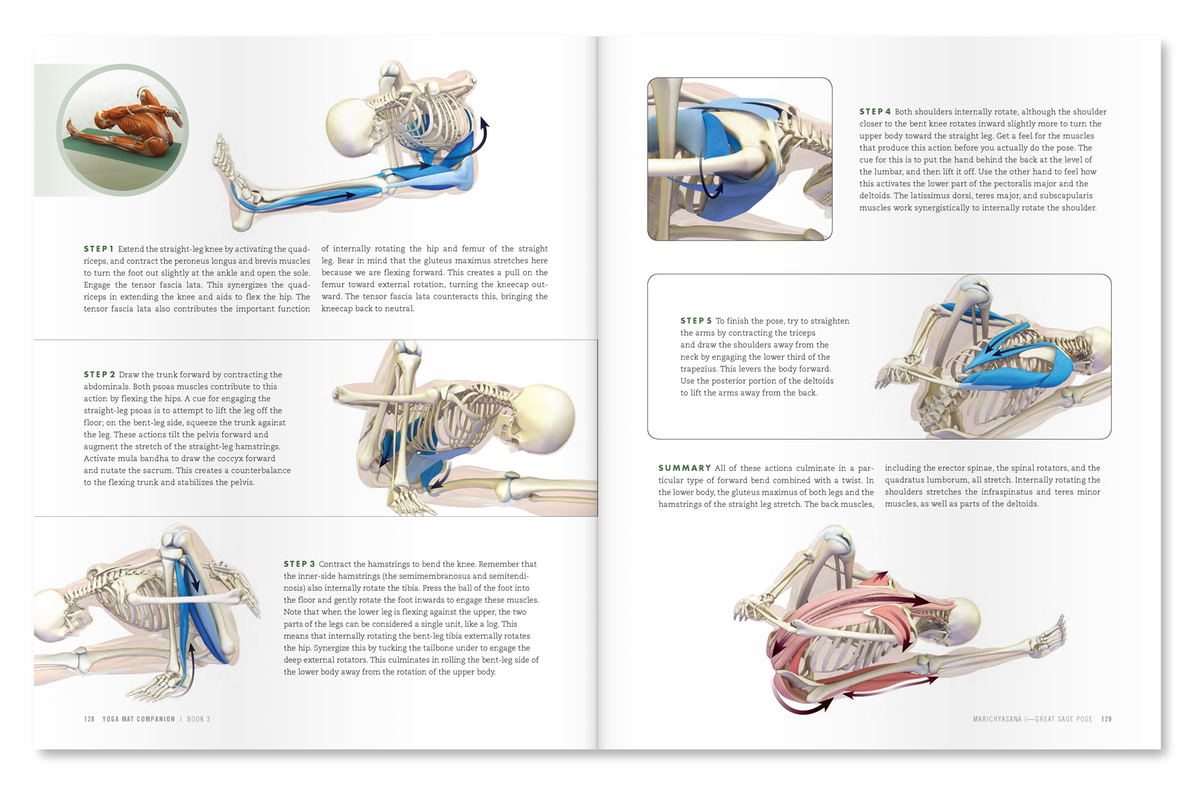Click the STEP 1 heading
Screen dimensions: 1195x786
click(99, 249)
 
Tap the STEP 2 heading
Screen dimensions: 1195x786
click(99, 375)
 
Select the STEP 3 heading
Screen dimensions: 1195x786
click(299, 564)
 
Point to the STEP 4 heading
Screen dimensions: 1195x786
click(875, 112)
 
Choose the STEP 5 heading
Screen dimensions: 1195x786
click(696, 321)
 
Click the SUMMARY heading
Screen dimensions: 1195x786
click(685, 468)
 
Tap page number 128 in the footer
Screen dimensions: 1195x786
click(90, 719)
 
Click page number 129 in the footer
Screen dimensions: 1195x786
click(1107, 719)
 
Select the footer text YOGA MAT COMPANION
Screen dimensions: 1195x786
click(139, 719)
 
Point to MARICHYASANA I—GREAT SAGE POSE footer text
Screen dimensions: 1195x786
click(1033, 719)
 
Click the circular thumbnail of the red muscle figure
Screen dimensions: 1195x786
click(122, 130)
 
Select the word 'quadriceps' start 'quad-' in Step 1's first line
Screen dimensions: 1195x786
click(299, 249)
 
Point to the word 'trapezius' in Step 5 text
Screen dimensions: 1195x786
click(698, 369)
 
